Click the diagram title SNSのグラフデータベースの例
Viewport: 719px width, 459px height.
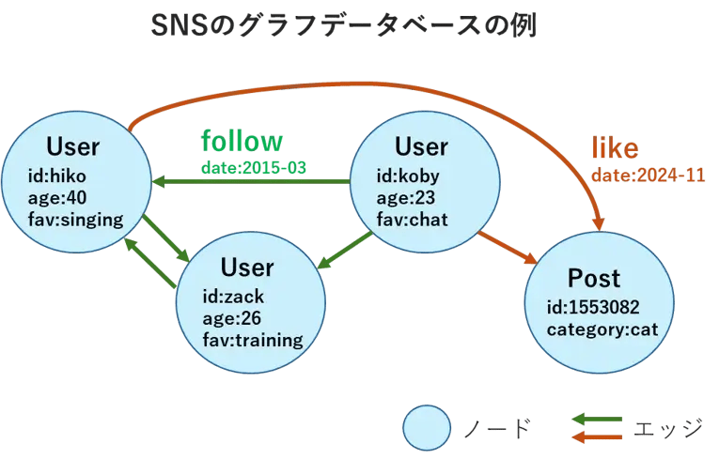click(x=343, y=25)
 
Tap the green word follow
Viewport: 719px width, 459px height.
click(x=242, y=141)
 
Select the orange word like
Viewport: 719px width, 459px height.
click(x=615, y=148)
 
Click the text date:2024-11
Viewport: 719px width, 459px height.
click(x=648, y=176)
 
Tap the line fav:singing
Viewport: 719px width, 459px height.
click(x=75, y=219)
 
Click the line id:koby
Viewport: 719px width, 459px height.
click(x=408, y=176)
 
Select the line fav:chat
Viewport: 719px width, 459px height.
click(x=412, y=220)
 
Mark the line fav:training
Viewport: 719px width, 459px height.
click(x=253, y=340)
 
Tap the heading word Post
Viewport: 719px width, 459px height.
click(x=594, y=278)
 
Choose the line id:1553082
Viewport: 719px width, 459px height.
click(x=594, y=308)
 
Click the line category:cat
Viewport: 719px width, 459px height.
click(x=602, y=329)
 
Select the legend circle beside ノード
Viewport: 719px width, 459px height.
click(x=430, y=429)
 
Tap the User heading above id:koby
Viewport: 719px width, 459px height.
click(x=421, y=147)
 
